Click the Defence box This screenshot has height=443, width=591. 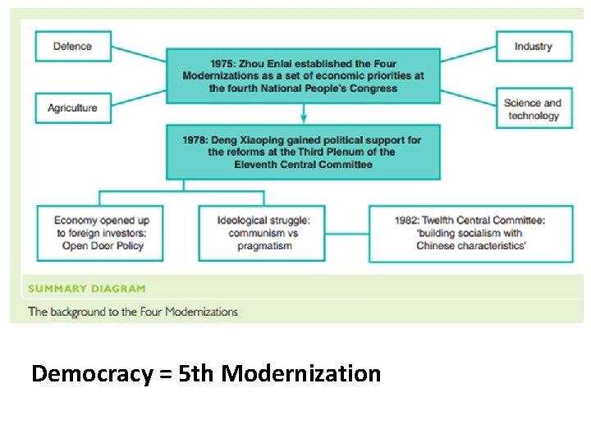pyautogui.click(x=72, y=46)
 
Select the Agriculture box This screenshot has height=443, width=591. pyautogui.click(x=72, y=107)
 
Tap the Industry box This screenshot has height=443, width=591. pyautogui.click(x=533, y=46)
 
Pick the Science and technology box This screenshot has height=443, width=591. pyautogui.click(x=533, y=109)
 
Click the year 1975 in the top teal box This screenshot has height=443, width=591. pyautogui.click(x=222, y=64)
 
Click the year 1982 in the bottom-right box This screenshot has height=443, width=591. pyautogui.click(x=409, y=220)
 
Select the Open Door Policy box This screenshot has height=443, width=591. pyautogui.click(x=99, y=233)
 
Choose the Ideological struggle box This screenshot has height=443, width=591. pyautogui.click(x=263, y=233)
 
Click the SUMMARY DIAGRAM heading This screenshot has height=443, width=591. pyautogui.click(x=86, y=289)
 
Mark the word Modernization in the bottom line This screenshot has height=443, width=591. pyautogui.click(x=300, y=374)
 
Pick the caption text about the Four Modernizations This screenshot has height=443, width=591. pyautogui.click(x=133, y=312)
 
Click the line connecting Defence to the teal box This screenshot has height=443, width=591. pyautogui.click(x=139, y=53)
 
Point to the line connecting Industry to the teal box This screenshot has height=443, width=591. pyautogui.click(x=468, y=53)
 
